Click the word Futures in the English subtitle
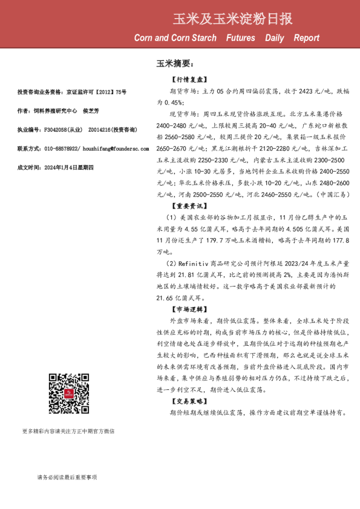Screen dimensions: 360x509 click(241, 38)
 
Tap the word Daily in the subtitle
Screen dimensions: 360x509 click(275, 38)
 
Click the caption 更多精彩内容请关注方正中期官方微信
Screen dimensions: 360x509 click(68, 431)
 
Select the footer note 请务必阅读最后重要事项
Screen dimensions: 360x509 click(67, 477)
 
